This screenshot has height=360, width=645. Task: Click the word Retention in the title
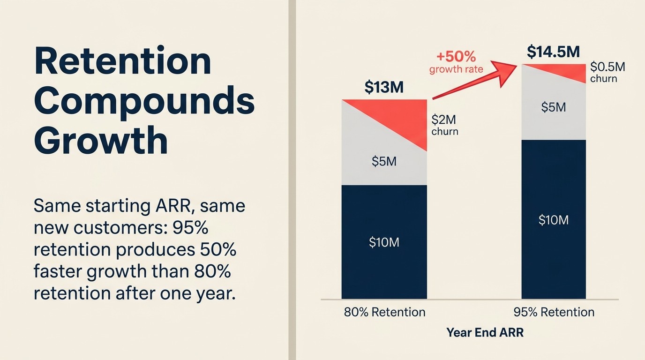pyautogui.click(x=122, y=61)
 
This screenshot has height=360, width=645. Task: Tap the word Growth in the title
pyautogui.click(x=101, y=141)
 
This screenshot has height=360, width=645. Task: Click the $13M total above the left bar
pyautogui.click(x=384, y=87)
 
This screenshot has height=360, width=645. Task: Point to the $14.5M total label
pyautogui.click(x=553, y=52)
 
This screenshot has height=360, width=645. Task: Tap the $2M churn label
pyautogui.click(x=444, y=125)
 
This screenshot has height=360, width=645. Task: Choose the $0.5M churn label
pyautogui.click(x=607, y=72)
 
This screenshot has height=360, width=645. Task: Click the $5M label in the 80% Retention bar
pyautogui.click(x=384, y=162)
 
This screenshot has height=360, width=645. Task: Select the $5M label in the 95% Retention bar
pyautogui.click(x=553, y=107)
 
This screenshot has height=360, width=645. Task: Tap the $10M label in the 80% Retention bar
pyautogui.click(x=384, y=242)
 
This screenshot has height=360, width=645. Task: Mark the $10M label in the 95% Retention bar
pyautogui.click(x=553, y=220)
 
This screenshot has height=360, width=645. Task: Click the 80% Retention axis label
pyautogui.click(x=384, y=312)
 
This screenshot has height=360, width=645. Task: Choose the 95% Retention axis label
pyautogui.click(x=554, y=312)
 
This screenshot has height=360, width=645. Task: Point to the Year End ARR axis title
pyautogui.click(x=485, y=333)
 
